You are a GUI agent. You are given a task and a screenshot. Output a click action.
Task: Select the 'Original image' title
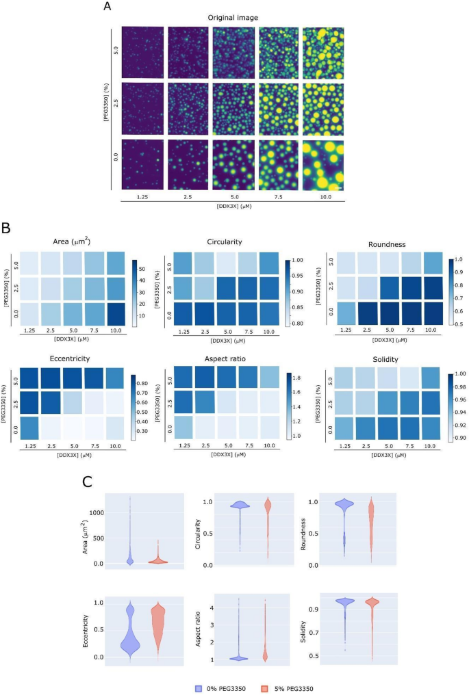point(232,18)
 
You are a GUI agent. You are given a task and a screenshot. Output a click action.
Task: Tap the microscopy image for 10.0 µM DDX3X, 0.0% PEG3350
point(323,165)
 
